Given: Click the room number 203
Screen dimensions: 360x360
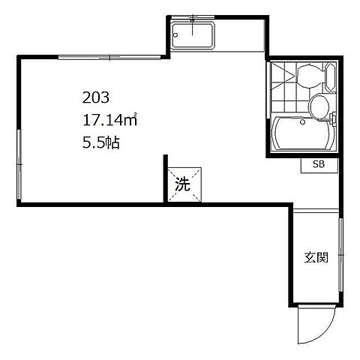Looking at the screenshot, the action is coord(96,97).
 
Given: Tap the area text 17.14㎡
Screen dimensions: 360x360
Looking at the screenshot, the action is coord(109,120).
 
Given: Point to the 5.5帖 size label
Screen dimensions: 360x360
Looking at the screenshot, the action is coord(101,142).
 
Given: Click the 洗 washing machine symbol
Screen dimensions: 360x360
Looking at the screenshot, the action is coord(184,184).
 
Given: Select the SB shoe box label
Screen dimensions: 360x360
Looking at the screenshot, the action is coord(319,164).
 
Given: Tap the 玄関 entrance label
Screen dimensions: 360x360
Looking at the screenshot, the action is coord(316,257).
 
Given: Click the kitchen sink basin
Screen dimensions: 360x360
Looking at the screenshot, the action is coord(193,34).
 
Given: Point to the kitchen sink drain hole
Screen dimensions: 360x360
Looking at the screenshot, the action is coord(175,35).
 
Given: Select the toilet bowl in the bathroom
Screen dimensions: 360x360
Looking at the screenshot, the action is coord(310,76).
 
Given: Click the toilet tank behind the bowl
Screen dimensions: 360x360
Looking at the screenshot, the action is coord(331,77).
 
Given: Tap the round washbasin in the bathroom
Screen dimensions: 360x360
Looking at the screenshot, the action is coord(319,106).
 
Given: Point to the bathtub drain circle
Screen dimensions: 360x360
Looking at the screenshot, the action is coord(303,122).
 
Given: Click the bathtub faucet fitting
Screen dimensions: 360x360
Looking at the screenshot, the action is coord(332,118).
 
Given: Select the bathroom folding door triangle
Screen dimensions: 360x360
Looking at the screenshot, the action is coord(283,75).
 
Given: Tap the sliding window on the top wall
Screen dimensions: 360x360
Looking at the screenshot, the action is coord(109,58).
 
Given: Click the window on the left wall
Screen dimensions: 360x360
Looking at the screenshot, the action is coord(19,164).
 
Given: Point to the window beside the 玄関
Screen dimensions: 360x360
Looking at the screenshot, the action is coord(340,255).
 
